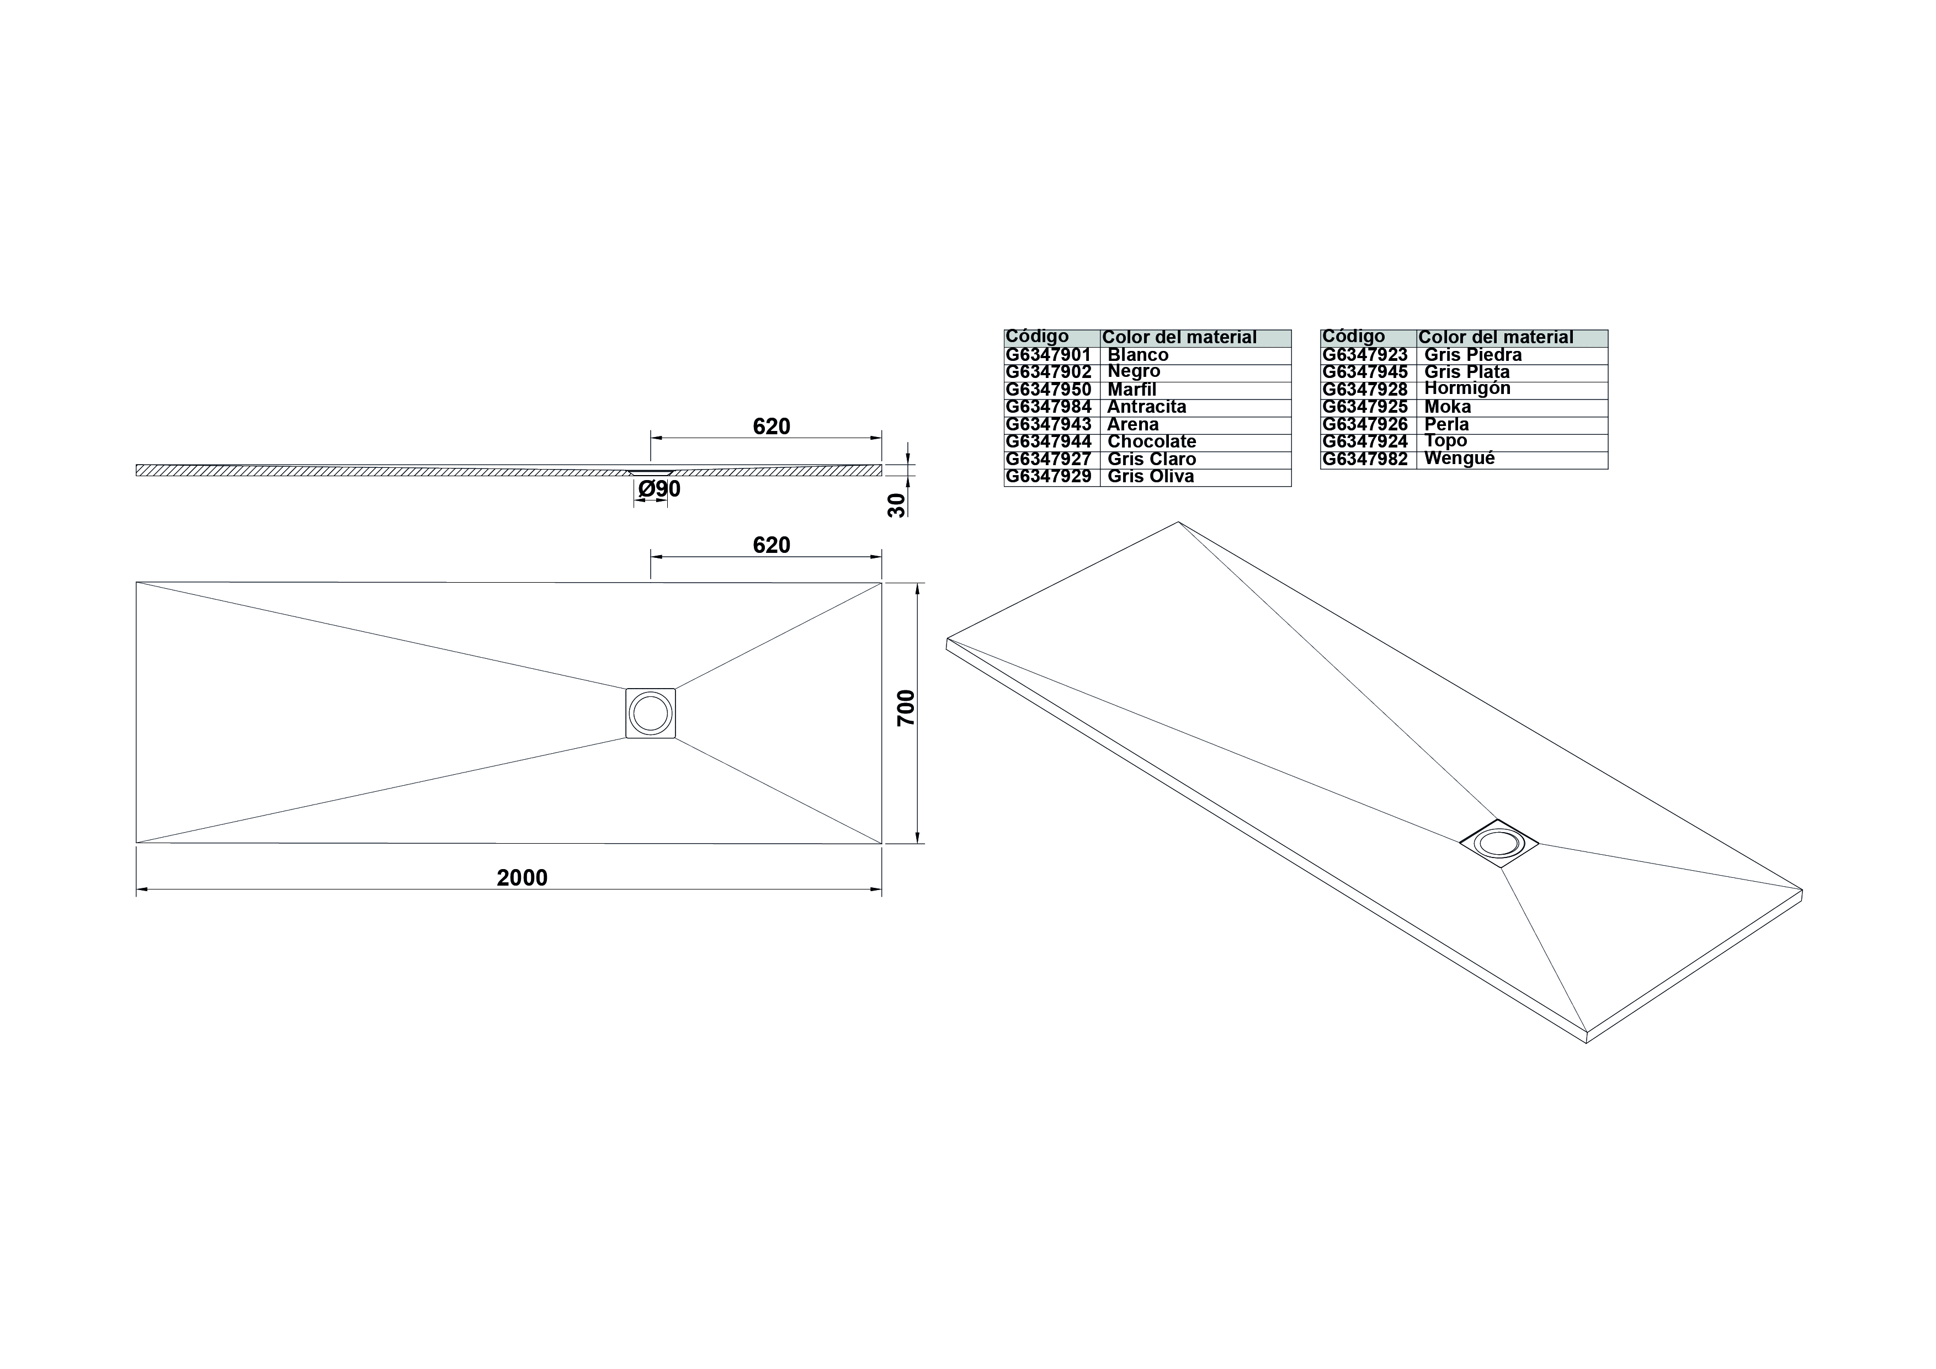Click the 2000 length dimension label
(x=522, y=877)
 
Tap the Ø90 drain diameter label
(x=659, y=489)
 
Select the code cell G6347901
(x=1048, y=355)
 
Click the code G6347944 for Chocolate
(x=1048, y=442)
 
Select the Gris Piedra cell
(x=1473, y=355)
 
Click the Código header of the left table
(x=1037, y=337)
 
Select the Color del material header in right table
(x=1496, y=337)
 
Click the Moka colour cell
(x=1448, y=406)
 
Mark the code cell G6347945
(x=1365, y=372)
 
